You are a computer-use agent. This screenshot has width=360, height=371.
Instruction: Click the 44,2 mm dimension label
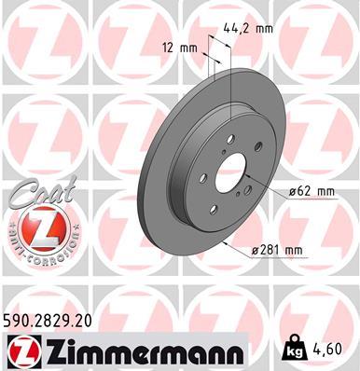(247, 29)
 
